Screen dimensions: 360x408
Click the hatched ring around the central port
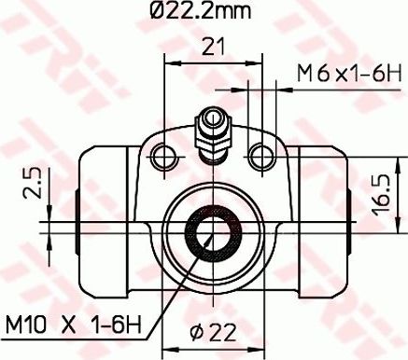tap(192, 234)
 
